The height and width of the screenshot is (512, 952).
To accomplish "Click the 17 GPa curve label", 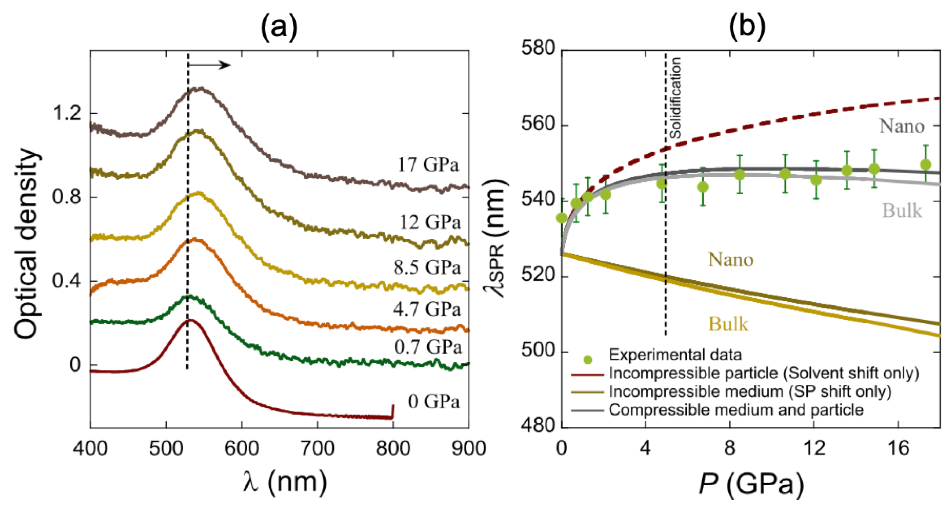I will click(x=428, y=165).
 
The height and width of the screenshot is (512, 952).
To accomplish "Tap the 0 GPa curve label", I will click(x=434, y=402).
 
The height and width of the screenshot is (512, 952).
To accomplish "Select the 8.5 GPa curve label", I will click(x=427, y=267).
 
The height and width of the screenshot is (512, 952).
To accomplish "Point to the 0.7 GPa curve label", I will click(x=428, y=347).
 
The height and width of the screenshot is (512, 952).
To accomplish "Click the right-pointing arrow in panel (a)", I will click(x=210, y=66).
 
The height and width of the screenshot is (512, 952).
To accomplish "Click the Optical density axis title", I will click(x=27, y=244).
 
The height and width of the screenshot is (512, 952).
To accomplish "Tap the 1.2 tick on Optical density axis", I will click(x=67, y=113).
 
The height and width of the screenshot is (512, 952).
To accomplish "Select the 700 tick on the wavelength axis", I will click(x=317, y=449).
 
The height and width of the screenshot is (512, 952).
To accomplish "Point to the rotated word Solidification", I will click(x=675, y=98).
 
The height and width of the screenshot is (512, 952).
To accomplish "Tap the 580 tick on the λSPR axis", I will click(x=538, y=48).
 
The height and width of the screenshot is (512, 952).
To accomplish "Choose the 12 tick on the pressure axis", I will click(x=814, y=449).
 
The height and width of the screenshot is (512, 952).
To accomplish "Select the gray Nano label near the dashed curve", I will click(x=902, y=126).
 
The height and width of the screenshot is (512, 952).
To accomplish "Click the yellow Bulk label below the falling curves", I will click(x=728, y=324).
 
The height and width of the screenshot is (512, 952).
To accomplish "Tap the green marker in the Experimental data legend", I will click(x=587, y=359).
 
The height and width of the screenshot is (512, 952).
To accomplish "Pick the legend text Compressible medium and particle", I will click(x=736, y=410).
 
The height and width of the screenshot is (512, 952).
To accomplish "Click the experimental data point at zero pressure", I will click(x=562, y=218).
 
